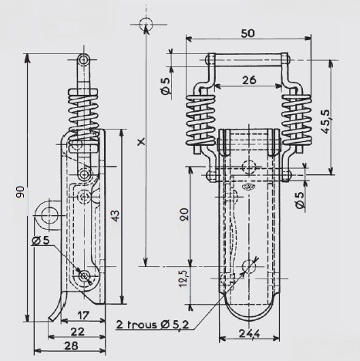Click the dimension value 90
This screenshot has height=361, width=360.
(20, 192)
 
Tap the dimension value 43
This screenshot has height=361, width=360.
(115, 216)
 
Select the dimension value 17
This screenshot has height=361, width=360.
(82, 315)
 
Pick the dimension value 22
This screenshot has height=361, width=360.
(77, 332)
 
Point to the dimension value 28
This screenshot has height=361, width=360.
(71, 346)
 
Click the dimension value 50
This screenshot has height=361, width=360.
(248, 33)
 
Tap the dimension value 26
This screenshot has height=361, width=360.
(249, 80)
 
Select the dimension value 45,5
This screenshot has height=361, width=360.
(325, 121)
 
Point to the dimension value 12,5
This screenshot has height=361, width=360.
(185, 277)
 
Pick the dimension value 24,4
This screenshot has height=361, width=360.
(249, 333)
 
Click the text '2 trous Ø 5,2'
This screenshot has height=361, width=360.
(153, 325)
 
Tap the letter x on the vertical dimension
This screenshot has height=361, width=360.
(141, 141)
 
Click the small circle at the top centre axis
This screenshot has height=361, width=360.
(146, 25)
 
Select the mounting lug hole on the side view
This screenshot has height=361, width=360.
(49, 215)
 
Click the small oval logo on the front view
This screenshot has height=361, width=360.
(248, 187)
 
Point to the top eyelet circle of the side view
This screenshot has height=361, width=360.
(83, 60)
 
